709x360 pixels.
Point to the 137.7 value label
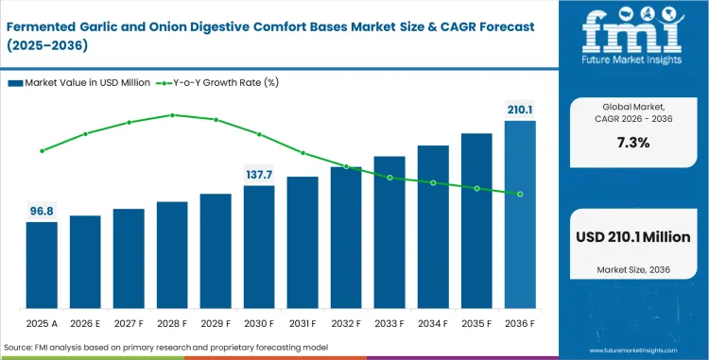point(259,175)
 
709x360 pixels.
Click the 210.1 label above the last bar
point(520,110)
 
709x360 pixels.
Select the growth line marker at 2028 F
point(172,115)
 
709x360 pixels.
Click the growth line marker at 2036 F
point(520,194)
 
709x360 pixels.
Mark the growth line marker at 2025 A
point(42,150)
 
